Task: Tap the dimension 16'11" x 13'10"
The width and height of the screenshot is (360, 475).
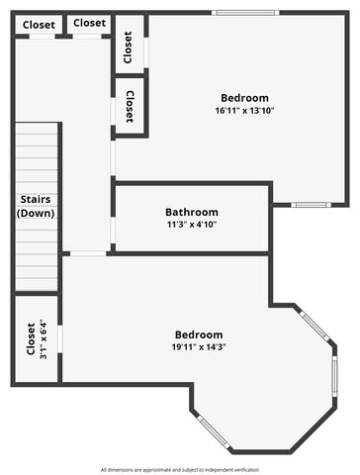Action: pyautogui.click(x=244, y=111)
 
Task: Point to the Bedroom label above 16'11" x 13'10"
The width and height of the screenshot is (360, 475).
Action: pyautogui.click(x=244, y=98)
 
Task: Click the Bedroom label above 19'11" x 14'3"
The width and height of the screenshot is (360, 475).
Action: pyautogui.click(x=199, y=334)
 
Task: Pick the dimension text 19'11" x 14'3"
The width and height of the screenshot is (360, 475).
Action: pyautogui.click(x=199, y=347)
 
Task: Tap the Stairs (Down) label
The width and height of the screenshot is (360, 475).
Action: pyautogui.click(x=36, y=206)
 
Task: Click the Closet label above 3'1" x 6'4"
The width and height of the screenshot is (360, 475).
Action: pyautogui.click(x=31, y=338)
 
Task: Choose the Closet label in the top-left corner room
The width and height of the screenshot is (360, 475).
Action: pyautogui.click(x=39, y=24)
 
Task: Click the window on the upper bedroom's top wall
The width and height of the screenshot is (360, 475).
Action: pyautogui.click(x=246, y=13)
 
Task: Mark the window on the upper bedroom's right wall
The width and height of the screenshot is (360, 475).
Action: pyautogui.click(x=310, y=205)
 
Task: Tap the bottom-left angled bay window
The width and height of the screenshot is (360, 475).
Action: pyautogui.click(x=212, y=432)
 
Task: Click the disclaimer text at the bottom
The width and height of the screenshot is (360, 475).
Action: pyautogui.click(x=179, y=469)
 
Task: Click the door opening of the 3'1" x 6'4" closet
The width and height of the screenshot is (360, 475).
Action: pyautogui.click(x=60, y=339)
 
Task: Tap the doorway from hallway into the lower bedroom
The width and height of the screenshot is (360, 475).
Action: pyautogui.click(x=88, y=254)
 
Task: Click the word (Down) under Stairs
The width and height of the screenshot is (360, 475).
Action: pyautogui.click(x=36, y=213)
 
